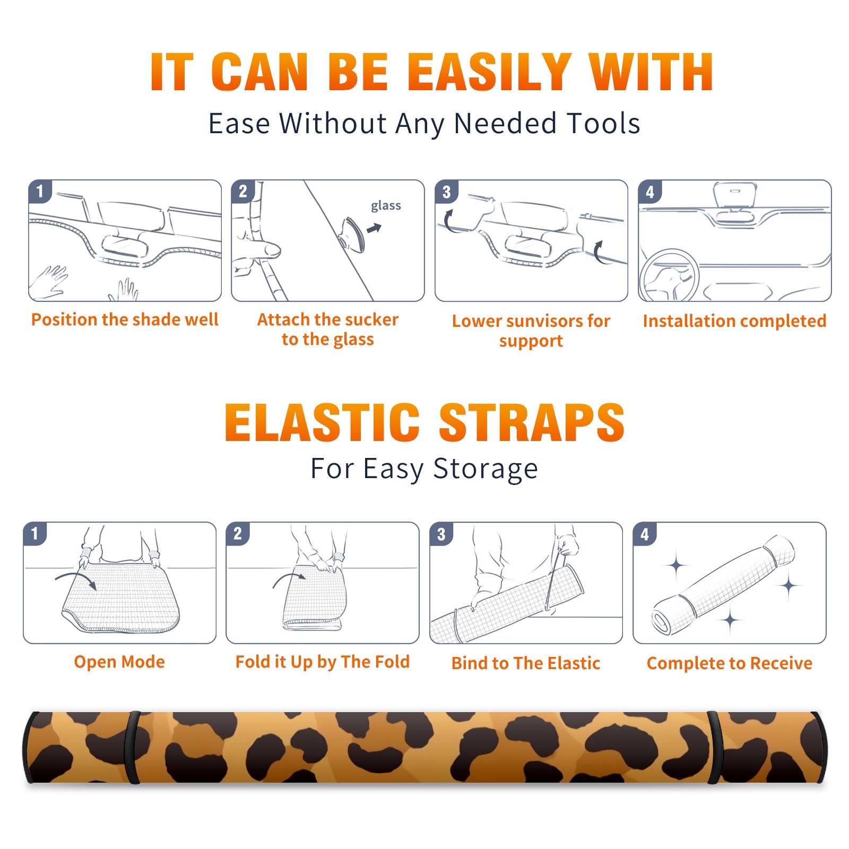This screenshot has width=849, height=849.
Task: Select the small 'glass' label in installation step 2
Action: tap(386, 206)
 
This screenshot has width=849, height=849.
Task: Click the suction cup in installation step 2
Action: tap(352, 234)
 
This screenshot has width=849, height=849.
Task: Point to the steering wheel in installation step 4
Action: tap(670, 276)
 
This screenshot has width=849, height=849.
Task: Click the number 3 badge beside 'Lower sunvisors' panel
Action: tap(446, 192)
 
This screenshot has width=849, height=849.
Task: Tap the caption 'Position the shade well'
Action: tap(125, 319)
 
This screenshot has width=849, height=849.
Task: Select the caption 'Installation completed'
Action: tap(734, 321)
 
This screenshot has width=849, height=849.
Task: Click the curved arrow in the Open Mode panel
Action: tap(76, 579)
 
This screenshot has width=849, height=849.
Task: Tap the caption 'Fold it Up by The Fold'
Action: tap(323, 662)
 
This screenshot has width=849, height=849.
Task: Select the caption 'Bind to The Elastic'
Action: tap(526, 663)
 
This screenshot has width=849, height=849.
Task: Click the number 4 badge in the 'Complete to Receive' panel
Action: tap(645, 534)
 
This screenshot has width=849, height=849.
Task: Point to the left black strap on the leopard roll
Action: tap(133, 748)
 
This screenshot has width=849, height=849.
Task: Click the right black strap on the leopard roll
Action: tap(715, 748)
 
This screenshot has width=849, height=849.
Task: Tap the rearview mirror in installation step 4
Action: tap(735, 196)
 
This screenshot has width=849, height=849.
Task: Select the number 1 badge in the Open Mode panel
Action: tap(35, 534)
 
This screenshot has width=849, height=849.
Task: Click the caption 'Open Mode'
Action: tap(119, 662)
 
